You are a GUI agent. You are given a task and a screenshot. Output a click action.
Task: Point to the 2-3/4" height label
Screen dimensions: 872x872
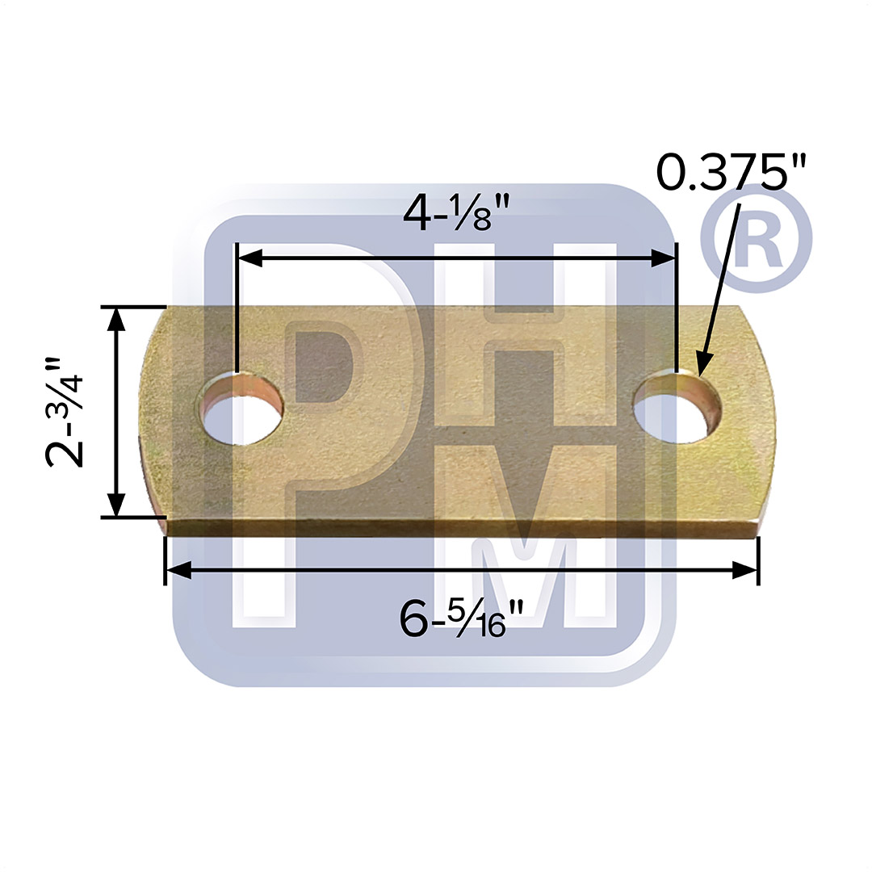pos(65,412)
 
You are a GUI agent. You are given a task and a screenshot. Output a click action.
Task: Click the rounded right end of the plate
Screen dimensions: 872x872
pos(759,412)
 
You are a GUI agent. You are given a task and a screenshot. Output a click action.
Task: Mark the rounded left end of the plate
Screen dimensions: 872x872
pos(155,412)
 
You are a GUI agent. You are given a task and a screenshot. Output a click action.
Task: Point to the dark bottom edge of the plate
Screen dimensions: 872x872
pos(460,527)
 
